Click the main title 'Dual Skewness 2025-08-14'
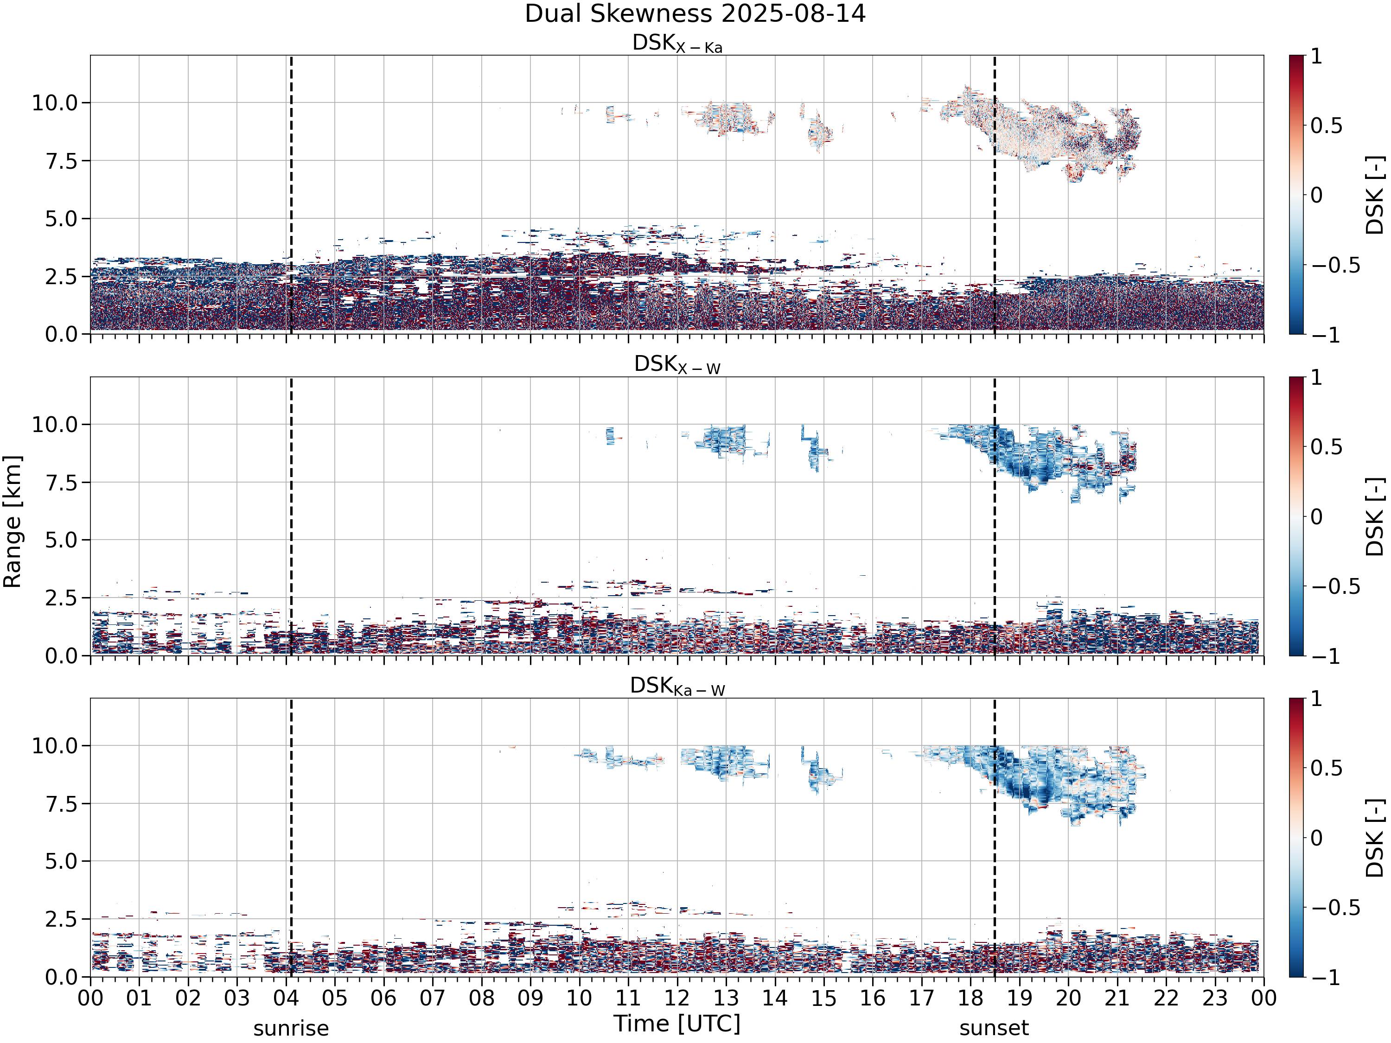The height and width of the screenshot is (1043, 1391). coord(695,13)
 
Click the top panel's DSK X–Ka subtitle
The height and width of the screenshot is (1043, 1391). coord(677,44)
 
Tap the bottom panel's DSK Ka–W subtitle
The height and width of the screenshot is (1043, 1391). coord(677,686)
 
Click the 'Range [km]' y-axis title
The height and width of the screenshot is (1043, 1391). coord(12,522)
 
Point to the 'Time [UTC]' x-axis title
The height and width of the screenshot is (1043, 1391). coord(677,1024)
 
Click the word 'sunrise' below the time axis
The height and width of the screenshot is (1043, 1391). coord(291,1029)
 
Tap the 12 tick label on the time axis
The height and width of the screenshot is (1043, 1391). coord(677,998)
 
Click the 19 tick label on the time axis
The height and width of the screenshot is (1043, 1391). coord(1019,998)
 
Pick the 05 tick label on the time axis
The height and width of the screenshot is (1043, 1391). coord(335,998)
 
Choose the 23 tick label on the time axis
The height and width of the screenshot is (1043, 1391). coord(1215,998)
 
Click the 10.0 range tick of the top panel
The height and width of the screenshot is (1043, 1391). coord(55,102)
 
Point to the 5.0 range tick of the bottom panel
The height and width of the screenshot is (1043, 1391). coord(61,861)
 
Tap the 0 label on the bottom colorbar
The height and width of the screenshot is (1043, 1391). coord(1316,838)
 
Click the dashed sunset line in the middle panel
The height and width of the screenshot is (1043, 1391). coord(994,516)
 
